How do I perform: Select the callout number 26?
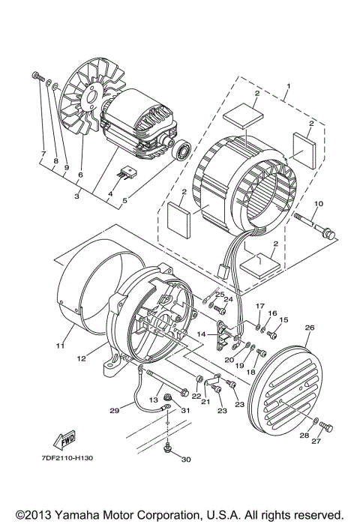pyautogui.click(x=310, y=327)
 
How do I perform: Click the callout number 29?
pyautogui.click(x=114, y=410)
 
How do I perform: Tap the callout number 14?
pyautogui.click(x=202, y=333)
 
